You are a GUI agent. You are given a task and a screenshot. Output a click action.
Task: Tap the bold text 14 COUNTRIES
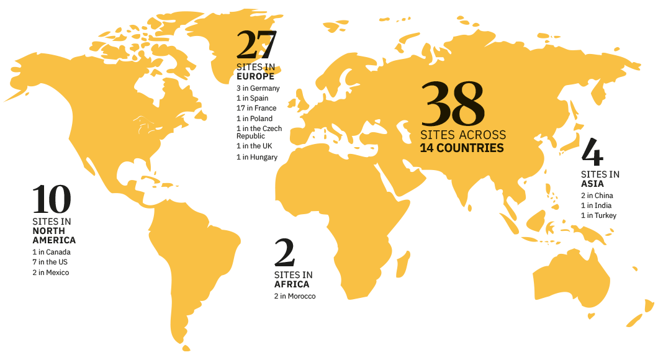(x=461, y=148)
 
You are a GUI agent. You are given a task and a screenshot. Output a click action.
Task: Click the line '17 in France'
(x=256, y=109)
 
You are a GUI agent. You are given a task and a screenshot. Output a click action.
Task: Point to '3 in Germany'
(x=258, y=89)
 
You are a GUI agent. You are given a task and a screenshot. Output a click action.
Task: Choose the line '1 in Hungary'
(x=256, y=158)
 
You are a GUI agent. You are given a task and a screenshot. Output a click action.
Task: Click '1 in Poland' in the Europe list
(x=255, y=119)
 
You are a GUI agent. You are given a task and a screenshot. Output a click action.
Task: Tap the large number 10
(x=52, y=199)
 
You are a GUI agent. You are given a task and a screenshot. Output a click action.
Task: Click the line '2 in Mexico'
(x=51, y=272)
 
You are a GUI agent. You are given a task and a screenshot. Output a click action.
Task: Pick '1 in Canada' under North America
(x=52, y=253)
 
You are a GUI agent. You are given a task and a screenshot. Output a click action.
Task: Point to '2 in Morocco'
(x=295, y=297)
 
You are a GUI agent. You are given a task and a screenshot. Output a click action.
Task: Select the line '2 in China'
(x=597, y=196)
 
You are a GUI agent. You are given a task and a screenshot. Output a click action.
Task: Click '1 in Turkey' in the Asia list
(x=598, y=215)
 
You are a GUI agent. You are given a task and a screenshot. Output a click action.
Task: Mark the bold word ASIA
(x=592, y=184)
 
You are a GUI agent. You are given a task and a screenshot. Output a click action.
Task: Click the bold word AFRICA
(x=292, y=284)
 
